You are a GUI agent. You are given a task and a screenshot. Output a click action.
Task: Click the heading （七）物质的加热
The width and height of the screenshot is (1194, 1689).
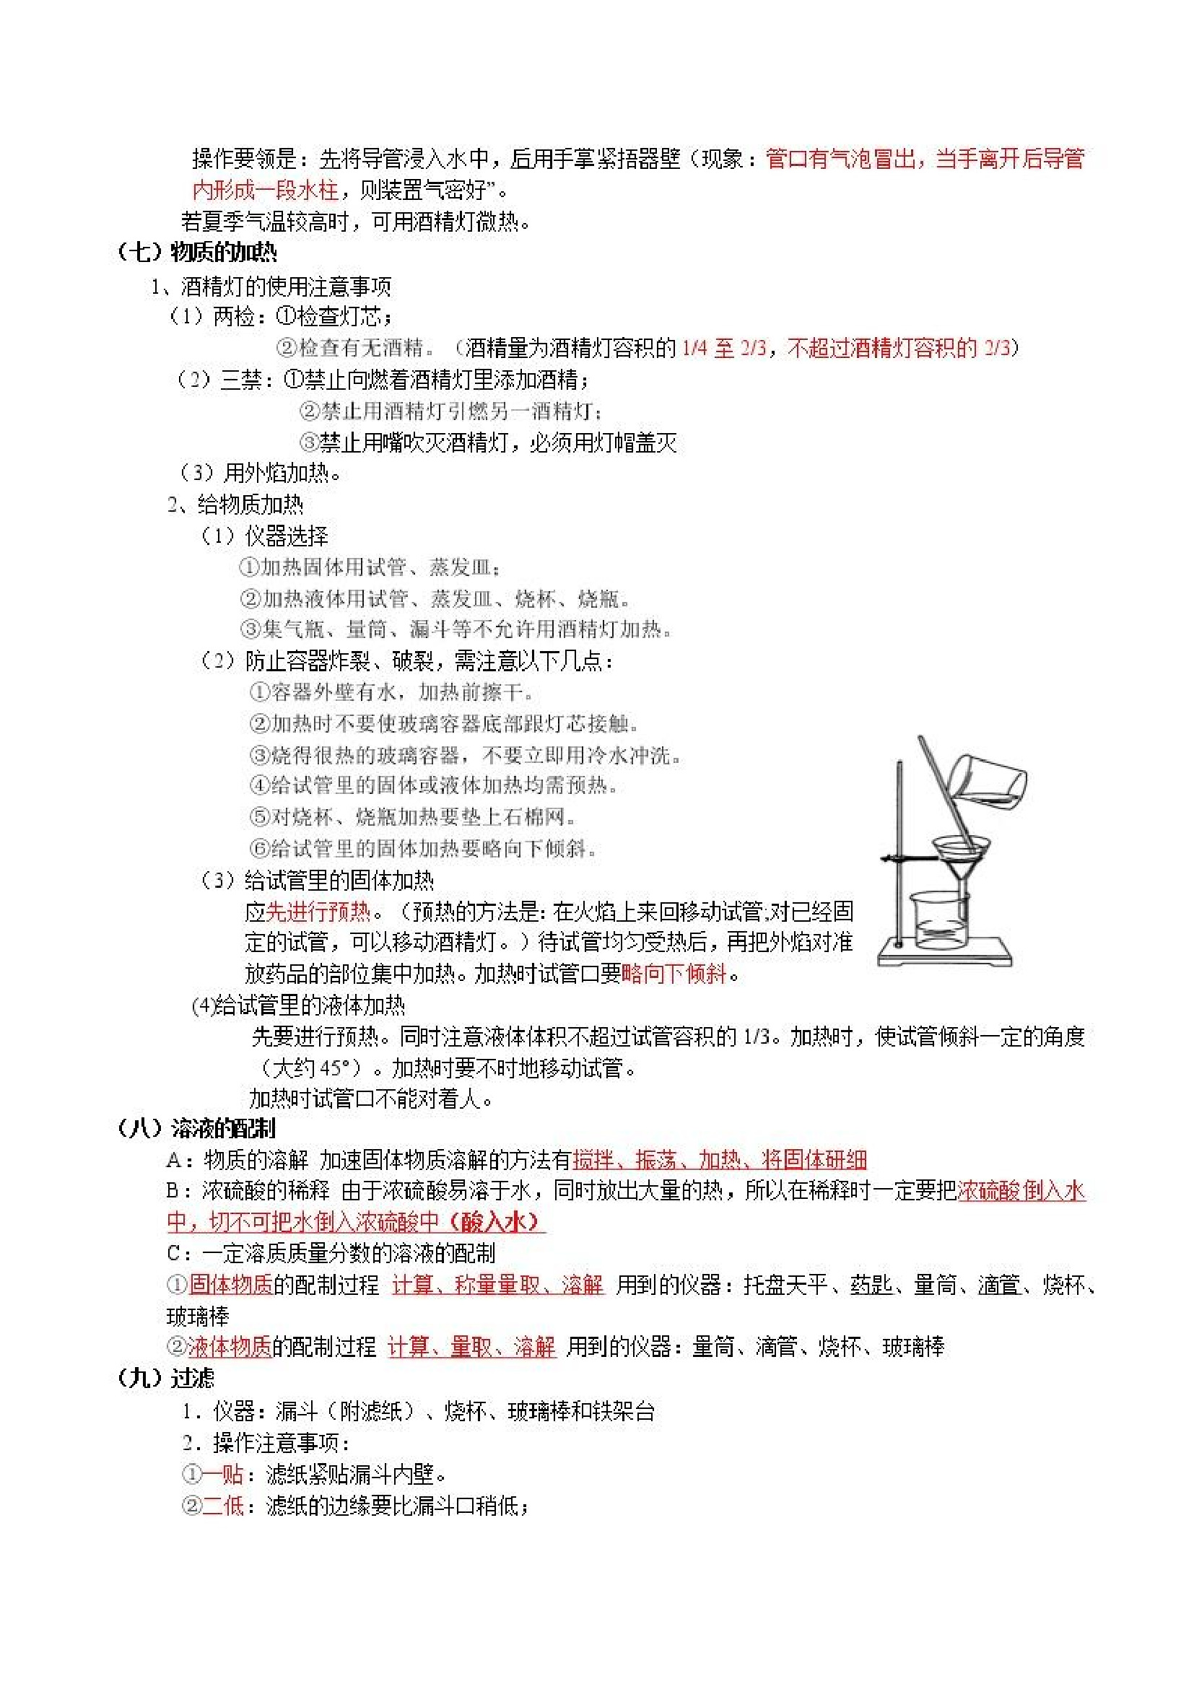[197, 253]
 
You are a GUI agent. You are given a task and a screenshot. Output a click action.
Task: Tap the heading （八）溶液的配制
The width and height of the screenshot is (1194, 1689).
[196, 1128]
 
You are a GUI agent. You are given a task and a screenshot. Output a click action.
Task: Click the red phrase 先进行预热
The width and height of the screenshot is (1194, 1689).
[318, 912]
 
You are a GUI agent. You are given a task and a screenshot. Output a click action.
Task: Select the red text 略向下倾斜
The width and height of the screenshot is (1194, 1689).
[674, 974]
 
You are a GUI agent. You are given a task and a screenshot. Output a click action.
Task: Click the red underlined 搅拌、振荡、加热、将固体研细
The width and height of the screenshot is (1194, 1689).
[719, 1160]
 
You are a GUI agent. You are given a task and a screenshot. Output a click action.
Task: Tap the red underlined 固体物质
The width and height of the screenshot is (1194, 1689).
[231, 1284]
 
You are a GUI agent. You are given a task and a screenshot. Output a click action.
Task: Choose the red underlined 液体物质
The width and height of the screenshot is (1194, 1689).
[230, 1347]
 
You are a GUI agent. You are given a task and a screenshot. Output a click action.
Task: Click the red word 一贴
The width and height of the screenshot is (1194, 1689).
[223, 1473]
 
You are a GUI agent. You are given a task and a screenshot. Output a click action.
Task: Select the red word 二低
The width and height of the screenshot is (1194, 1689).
[223, 1505]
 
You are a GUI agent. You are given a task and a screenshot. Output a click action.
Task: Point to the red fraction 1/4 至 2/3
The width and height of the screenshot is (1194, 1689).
[724, 348]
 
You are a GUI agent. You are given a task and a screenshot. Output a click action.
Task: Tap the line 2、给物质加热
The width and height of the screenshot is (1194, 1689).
[235, 505]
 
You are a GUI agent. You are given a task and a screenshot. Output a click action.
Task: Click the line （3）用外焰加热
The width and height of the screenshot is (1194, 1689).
[262, 472]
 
